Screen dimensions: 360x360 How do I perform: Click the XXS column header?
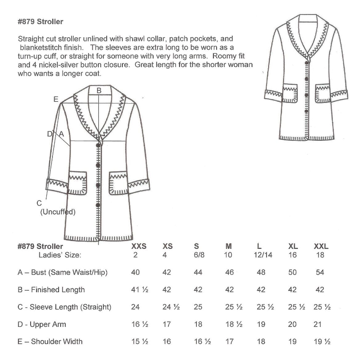click(139, 246)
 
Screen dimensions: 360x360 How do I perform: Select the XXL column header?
click(321, 246)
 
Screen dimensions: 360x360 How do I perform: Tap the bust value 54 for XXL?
click(320, 272)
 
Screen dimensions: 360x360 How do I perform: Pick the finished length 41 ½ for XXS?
click(140, 290)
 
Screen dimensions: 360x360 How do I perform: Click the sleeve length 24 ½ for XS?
click(171, 307)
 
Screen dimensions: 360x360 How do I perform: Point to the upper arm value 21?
click(318, 324)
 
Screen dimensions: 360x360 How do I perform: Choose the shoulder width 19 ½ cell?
click(322, 342)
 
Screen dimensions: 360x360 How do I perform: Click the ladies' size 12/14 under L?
click(263, 255)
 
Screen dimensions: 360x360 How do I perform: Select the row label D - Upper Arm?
click(42, 324)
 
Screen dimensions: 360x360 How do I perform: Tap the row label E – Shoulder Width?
click(50, 342)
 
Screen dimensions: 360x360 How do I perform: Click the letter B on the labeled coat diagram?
click(99, 90)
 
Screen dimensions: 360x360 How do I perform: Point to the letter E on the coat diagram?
click(56, 99)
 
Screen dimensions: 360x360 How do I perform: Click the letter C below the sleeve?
click(39, 203)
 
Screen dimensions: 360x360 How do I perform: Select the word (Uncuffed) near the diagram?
click(58, 212)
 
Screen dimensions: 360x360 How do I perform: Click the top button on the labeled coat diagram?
click(98, 145)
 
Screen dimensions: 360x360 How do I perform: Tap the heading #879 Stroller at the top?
click(40, 22)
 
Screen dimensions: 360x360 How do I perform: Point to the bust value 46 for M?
click(230, 272)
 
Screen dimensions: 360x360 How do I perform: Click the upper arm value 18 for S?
click(198, 324)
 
